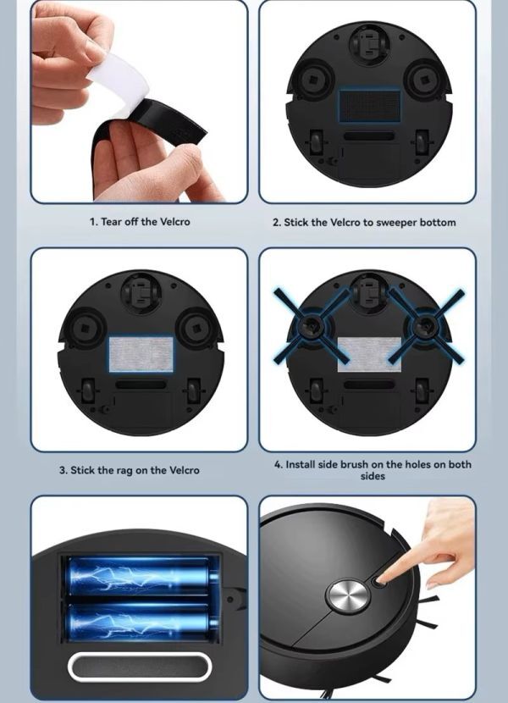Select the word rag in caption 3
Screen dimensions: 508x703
pos(125,471)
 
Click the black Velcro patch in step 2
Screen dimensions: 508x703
pos(369,105)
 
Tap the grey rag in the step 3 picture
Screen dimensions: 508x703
pos(141,354)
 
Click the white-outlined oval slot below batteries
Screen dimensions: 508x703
pos(140,667)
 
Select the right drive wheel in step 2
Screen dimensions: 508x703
pos(422,142)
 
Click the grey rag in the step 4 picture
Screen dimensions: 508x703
pos(369,354)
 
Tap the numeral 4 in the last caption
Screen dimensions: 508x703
pos(278,464)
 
